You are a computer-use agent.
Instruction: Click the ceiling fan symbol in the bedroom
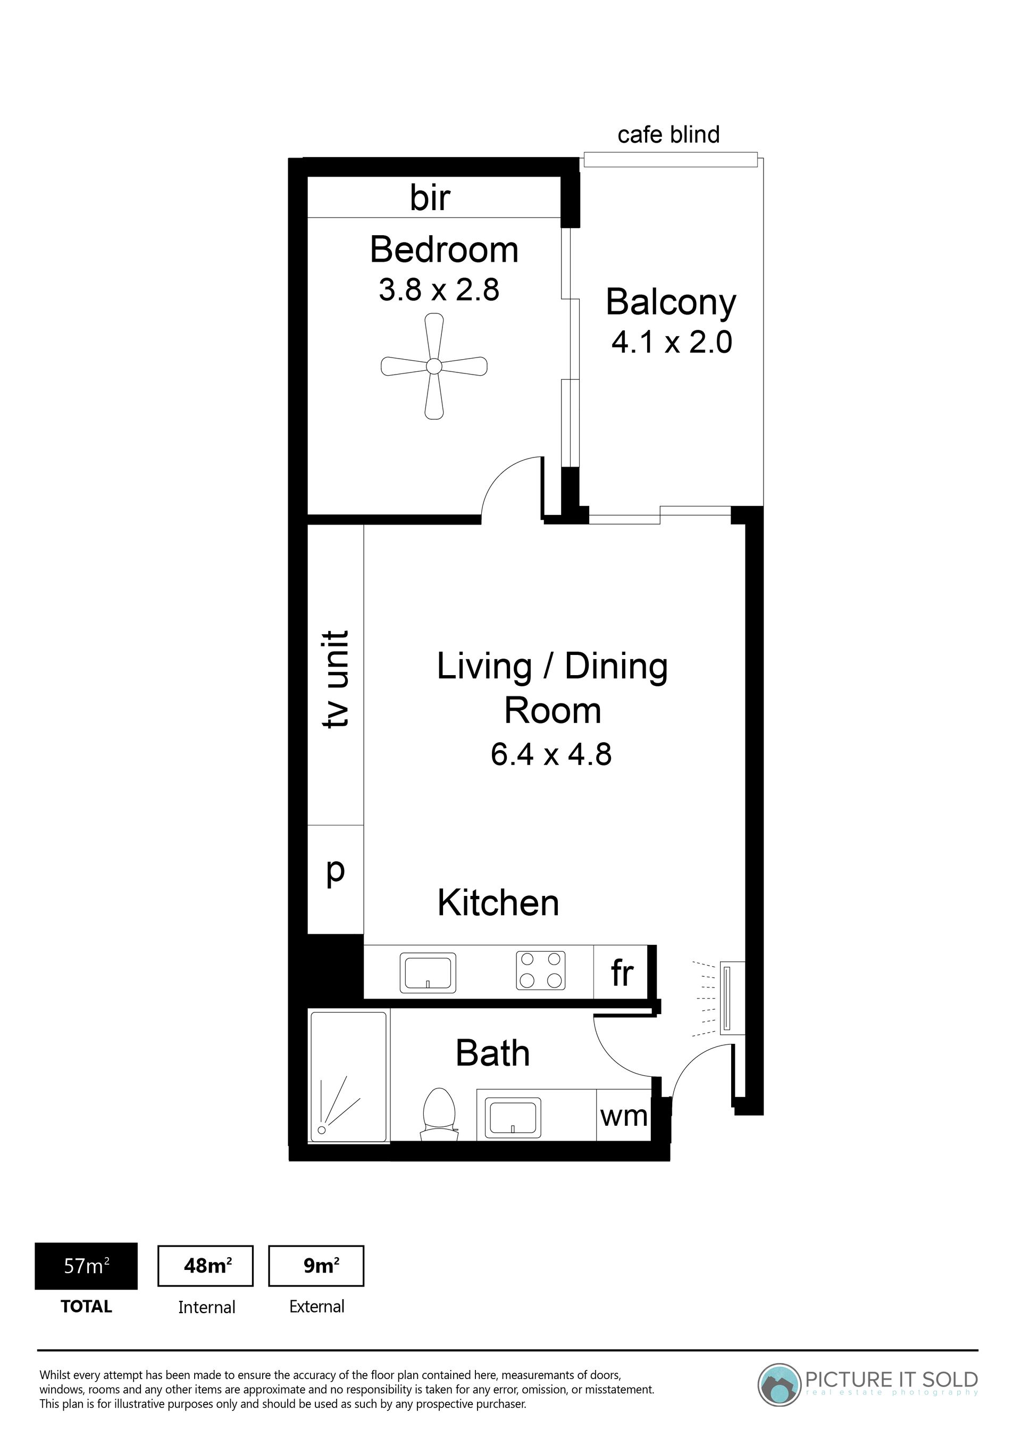[434, 366]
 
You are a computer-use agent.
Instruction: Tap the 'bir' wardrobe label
[430, 197]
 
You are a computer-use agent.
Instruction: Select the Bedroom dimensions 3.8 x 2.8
[439, 290]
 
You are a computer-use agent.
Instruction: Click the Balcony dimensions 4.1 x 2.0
[672, 343]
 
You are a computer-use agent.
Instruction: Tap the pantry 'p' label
[336, 871]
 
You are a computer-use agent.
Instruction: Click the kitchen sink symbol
[428, 973]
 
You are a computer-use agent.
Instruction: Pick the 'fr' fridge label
[622, 973]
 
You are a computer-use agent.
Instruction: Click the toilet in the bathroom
[439, 1114]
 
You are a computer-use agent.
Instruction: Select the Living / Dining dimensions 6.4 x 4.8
[551, 754]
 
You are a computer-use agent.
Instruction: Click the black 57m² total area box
[86, 1266]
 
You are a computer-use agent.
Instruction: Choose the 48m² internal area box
[206, 1266]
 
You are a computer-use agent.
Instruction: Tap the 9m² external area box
[316, 1266]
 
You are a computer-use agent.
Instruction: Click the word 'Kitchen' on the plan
[498, 903]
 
